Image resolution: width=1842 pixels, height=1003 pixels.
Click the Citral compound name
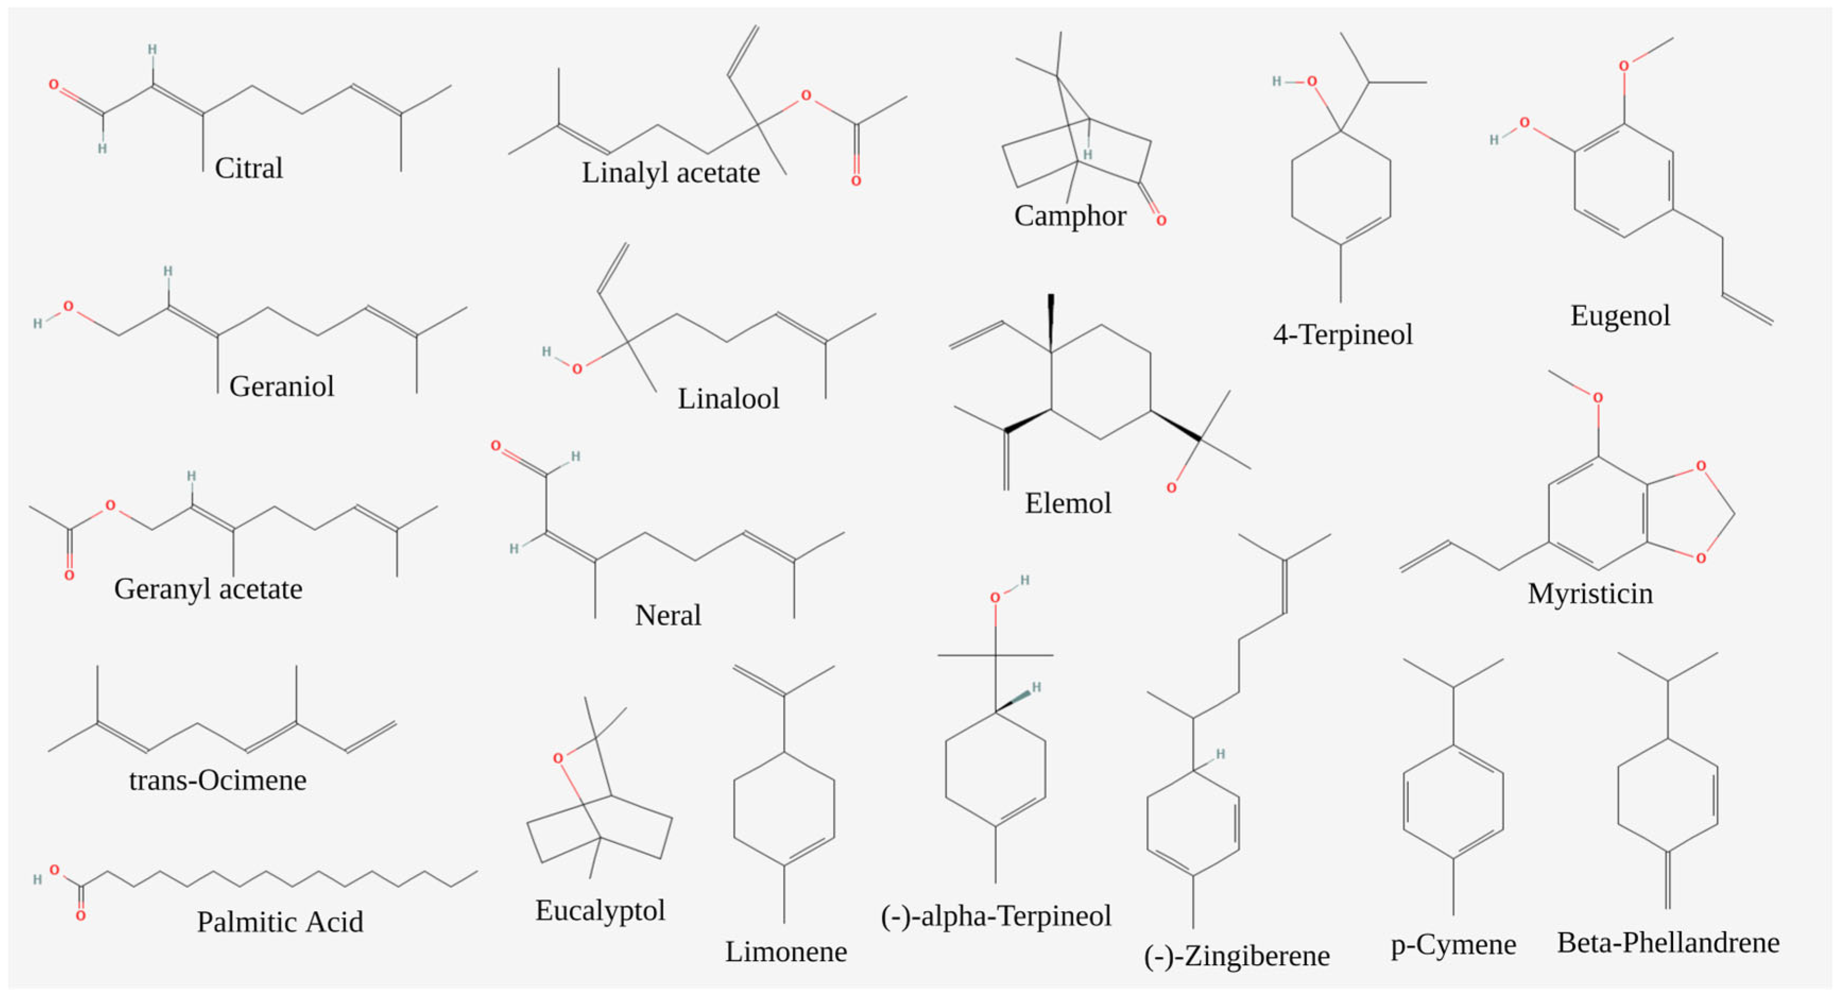click(x=249, y=169)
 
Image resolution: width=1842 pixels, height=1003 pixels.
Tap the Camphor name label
click(x=1070, y=216)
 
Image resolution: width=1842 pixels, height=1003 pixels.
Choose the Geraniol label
click(x=281, y=387)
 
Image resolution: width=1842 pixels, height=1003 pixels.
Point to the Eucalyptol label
click(x=600, y=911)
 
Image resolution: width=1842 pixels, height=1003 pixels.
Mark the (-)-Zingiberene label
click(x=1236, y=956)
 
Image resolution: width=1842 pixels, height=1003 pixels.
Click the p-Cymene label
click(x=1453, y=945)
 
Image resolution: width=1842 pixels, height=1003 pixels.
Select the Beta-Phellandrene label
click(x=1668, y=943)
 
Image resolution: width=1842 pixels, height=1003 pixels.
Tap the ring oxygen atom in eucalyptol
click(x=558, y=758)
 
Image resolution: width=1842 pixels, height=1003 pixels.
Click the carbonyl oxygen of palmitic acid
click(x=81, y=916)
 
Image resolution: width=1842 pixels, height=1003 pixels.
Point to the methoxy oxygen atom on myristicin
click(x=1597, y=398)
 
